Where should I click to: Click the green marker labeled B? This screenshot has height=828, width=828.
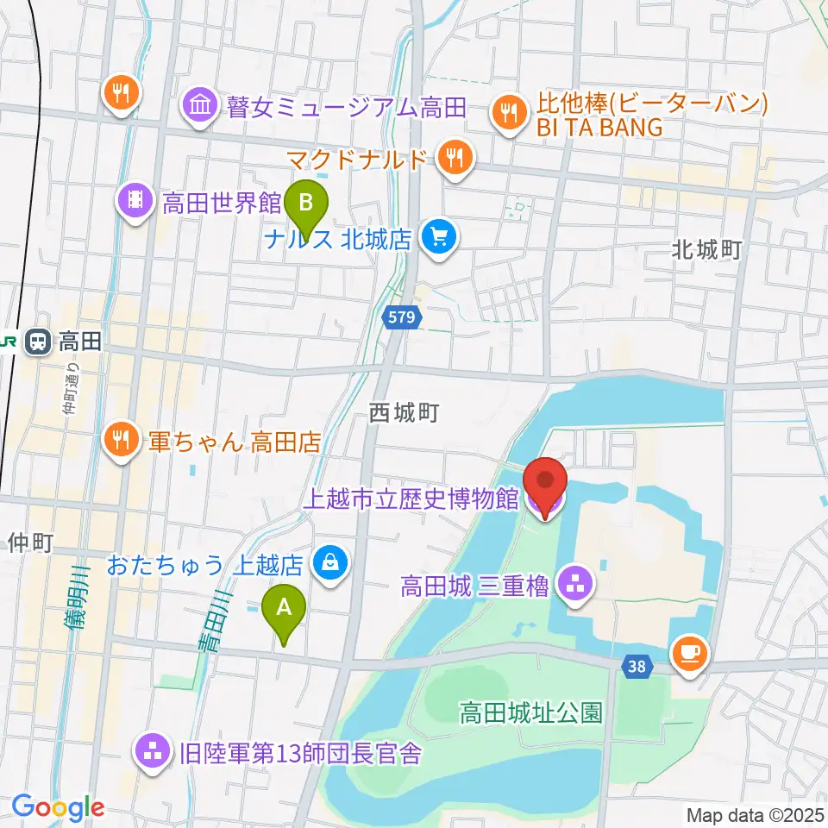(x=305, y=203)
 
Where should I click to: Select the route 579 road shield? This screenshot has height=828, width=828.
(x=402, y=317)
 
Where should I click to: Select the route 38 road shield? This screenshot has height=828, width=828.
(x=637, y=666)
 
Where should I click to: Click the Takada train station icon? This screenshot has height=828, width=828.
(x=37, y=342)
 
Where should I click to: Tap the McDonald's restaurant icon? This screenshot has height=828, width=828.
(x=453, y=158)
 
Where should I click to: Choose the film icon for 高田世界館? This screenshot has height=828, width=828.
(x=135, y=202)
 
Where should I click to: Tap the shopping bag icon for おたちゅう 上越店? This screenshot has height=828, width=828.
(x=329, y=564)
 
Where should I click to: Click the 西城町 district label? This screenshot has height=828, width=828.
(x=404, y=413)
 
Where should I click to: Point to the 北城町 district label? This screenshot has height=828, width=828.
(x=706, y=250)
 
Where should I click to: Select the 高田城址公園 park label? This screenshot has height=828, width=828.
(x=530, y=712)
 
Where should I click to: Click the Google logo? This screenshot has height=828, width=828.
(x=59, y=807)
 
